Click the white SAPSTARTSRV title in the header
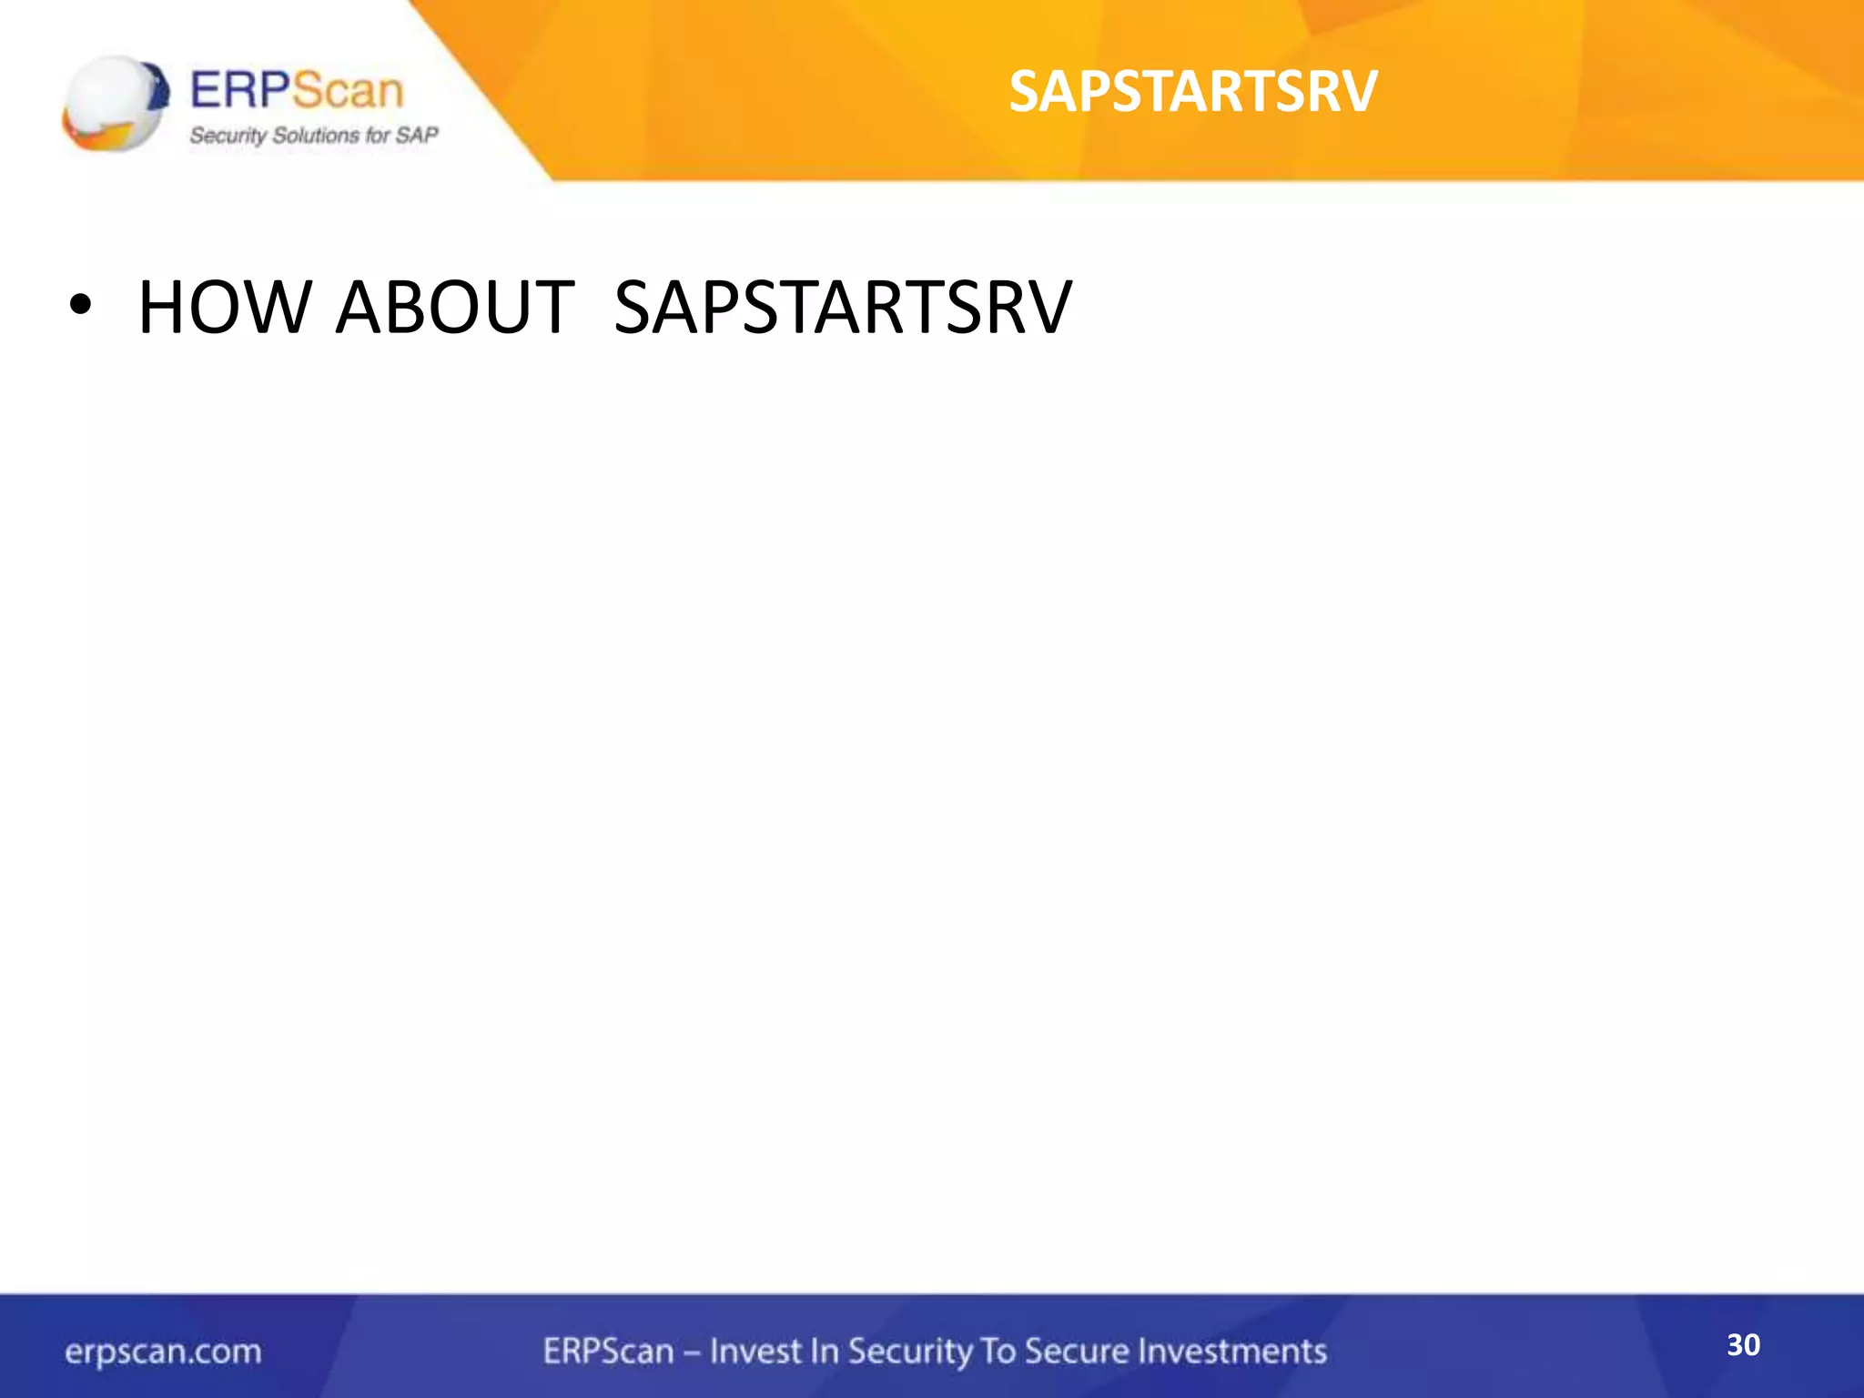point(1193,92)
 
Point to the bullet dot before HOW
point(80,307)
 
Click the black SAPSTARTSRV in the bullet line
point(843,307)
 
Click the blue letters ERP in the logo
point(240,91)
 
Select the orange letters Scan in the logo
point(348,91)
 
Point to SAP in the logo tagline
point(418,136)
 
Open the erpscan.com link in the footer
point(163,1352)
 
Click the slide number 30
point(1743,1344)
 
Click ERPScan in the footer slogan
point(608,1351)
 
